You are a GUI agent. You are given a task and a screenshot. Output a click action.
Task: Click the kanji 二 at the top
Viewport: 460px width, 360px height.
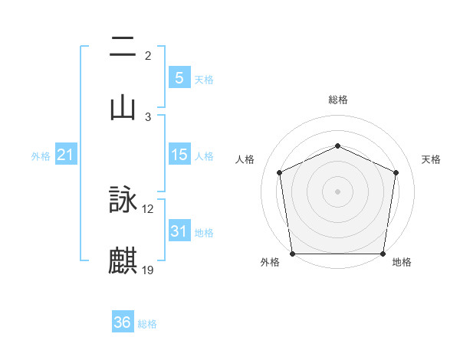coord(123,47)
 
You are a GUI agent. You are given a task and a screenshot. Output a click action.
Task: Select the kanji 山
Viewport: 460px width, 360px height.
coord(123,106)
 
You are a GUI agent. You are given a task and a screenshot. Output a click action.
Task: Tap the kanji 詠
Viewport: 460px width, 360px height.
coord(123,201)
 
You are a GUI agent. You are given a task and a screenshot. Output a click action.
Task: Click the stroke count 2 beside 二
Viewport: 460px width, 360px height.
coord(148,56)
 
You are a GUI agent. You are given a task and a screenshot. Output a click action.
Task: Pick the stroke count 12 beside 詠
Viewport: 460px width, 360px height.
coord(148,209)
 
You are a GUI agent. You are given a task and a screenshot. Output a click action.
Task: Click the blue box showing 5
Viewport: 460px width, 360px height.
coord(179,78)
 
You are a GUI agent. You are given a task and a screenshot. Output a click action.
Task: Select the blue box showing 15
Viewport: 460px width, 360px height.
coord(179,155)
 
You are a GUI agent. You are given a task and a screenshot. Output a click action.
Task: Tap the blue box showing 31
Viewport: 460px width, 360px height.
coord(179,231)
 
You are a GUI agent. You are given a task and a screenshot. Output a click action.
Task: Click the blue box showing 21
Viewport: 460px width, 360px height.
coord(66,155)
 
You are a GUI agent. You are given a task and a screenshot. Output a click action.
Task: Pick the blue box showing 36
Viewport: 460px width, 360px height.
coord(123,322)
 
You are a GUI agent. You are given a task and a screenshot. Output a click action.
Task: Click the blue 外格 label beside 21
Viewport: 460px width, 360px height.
coord(41,156)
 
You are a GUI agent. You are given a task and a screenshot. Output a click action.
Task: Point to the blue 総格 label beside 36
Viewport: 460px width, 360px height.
coord(147,324)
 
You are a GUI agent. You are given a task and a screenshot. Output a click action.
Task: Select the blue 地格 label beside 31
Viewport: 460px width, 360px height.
coord(204,233)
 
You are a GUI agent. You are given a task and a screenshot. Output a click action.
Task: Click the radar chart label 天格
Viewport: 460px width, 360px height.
coord(432,159)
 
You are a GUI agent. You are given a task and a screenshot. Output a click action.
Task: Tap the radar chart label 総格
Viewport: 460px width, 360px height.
coord(338,100)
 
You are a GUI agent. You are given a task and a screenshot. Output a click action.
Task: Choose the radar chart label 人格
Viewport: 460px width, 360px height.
coord(245,159)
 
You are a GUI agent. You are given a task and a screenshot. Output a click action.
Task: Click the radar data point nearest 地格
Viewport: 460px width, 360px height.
coord(383,254)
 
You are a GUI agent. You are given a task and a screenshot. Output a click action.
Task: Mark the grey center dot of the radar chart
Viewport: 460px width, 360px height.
coord(337,191)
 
